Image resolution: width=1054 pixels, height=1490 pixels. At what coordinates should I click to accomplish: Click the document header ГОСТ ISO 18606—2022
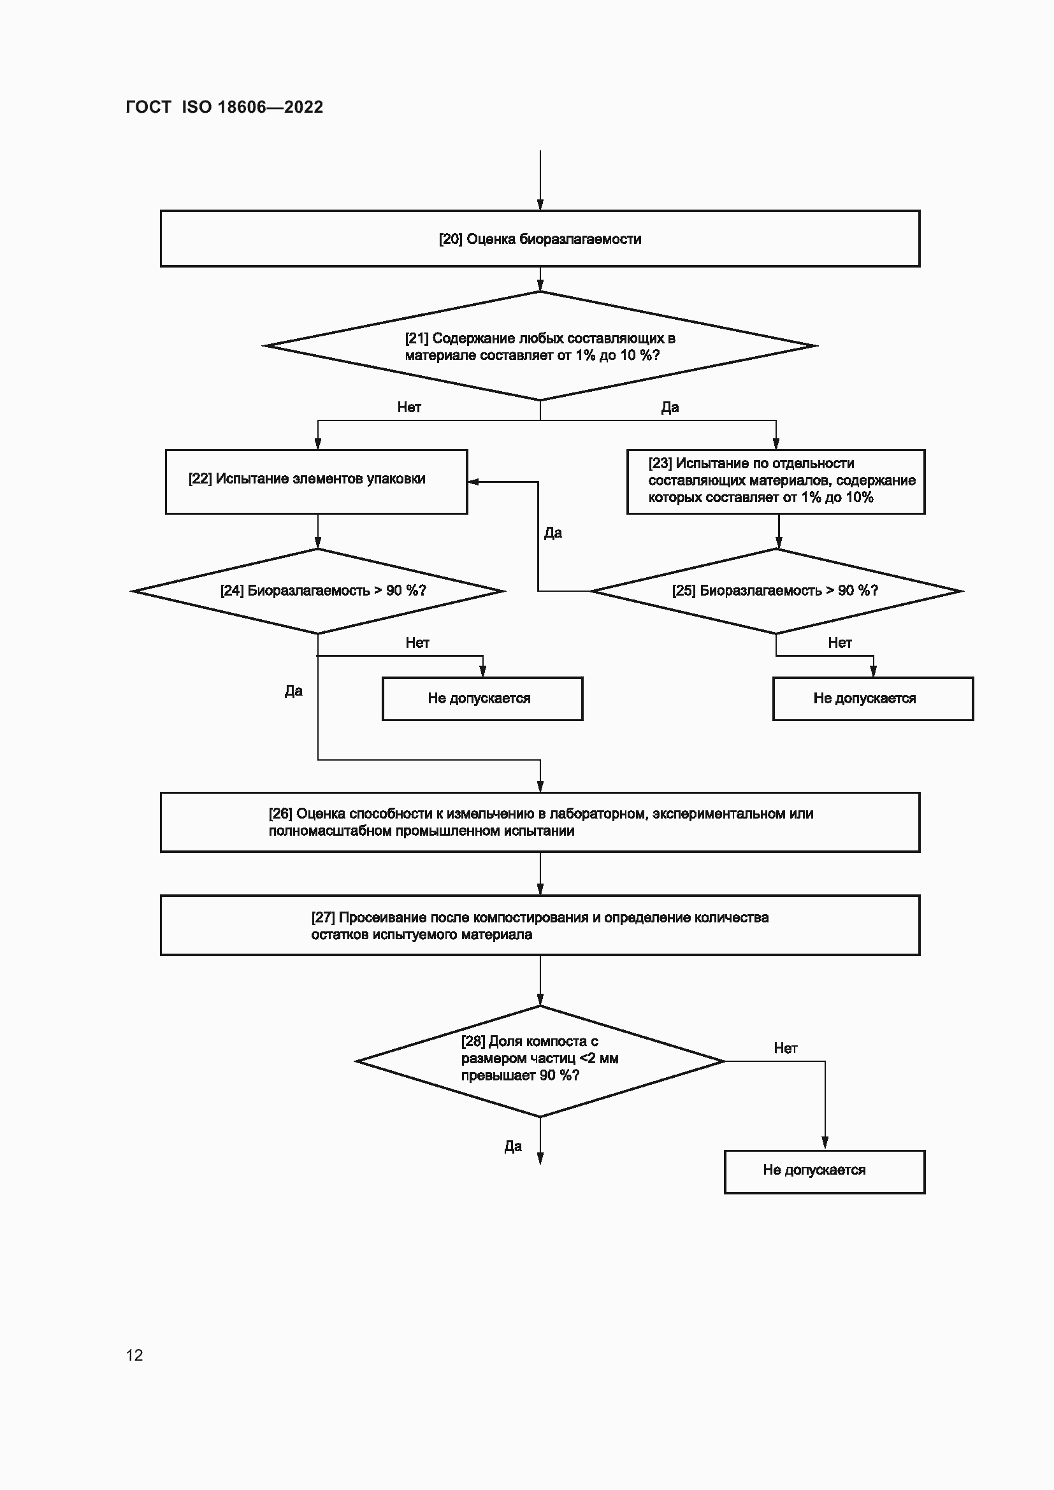[x=224, y=107]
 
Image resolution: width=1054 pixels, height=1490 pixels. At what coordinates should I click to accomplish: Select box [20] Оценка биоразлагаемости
[x=539, y=239]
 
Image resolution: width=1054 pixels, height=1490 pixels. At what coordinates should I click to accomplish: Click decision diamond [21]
[x=539, y=346]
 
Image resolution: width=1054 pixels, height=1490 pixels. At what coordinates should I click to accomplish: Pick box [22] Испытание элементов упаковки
[x=316, y=482]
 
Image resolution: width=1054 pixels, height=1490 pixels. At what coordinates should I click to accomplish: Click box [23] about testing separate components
[x=776, y=482]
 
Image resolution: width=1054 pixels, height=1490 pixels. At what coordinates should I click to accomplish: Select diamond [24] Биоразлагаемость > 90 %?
[x=318, y=591]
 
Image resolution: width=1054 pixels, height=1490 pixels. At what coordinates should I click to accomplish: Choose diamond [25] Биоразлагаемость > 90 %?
[x=776, y=591]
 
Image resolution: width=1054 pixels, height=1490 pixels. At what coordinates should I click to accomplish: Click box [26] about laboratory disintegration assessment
[x=539, y=822]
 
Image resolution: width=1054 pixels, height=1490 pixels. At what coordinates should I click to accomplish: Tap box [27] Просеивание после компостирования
[x=539, y=926]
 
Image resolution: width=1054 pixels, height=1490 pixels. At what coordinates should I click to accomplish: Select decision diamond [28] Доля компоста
[x=539, y=1061]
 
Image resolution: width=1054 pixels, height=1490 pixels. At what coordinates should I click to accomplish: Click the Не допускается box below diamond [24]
[x=482, y=698]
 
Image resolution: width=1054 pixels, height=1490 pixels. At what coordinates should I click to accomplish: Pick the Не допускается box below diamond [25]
[x=872, y=698]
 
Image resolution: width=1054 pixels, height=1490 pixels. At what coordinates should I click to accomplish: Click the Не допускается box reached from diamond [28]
[x=824, y=1172]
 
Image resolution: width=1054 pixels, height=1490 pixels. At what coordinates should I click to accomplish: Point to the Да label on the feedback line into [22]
[x=553, y=533]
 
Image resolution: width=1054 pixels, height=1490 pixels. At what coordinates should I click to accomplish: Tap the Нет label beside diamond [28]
[x=785, y=1047]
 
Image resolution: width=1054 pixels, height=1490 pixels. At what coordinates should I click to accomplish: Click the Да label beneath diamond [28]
[x=513, y=1146]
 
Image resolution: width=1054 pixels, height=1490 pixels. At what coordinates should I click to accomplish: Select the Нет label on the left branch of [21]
[x=409, y=407]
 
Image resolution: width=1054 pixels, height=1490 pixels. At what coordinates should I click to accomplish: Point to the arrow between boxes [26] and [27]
[x=540, y=873]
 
